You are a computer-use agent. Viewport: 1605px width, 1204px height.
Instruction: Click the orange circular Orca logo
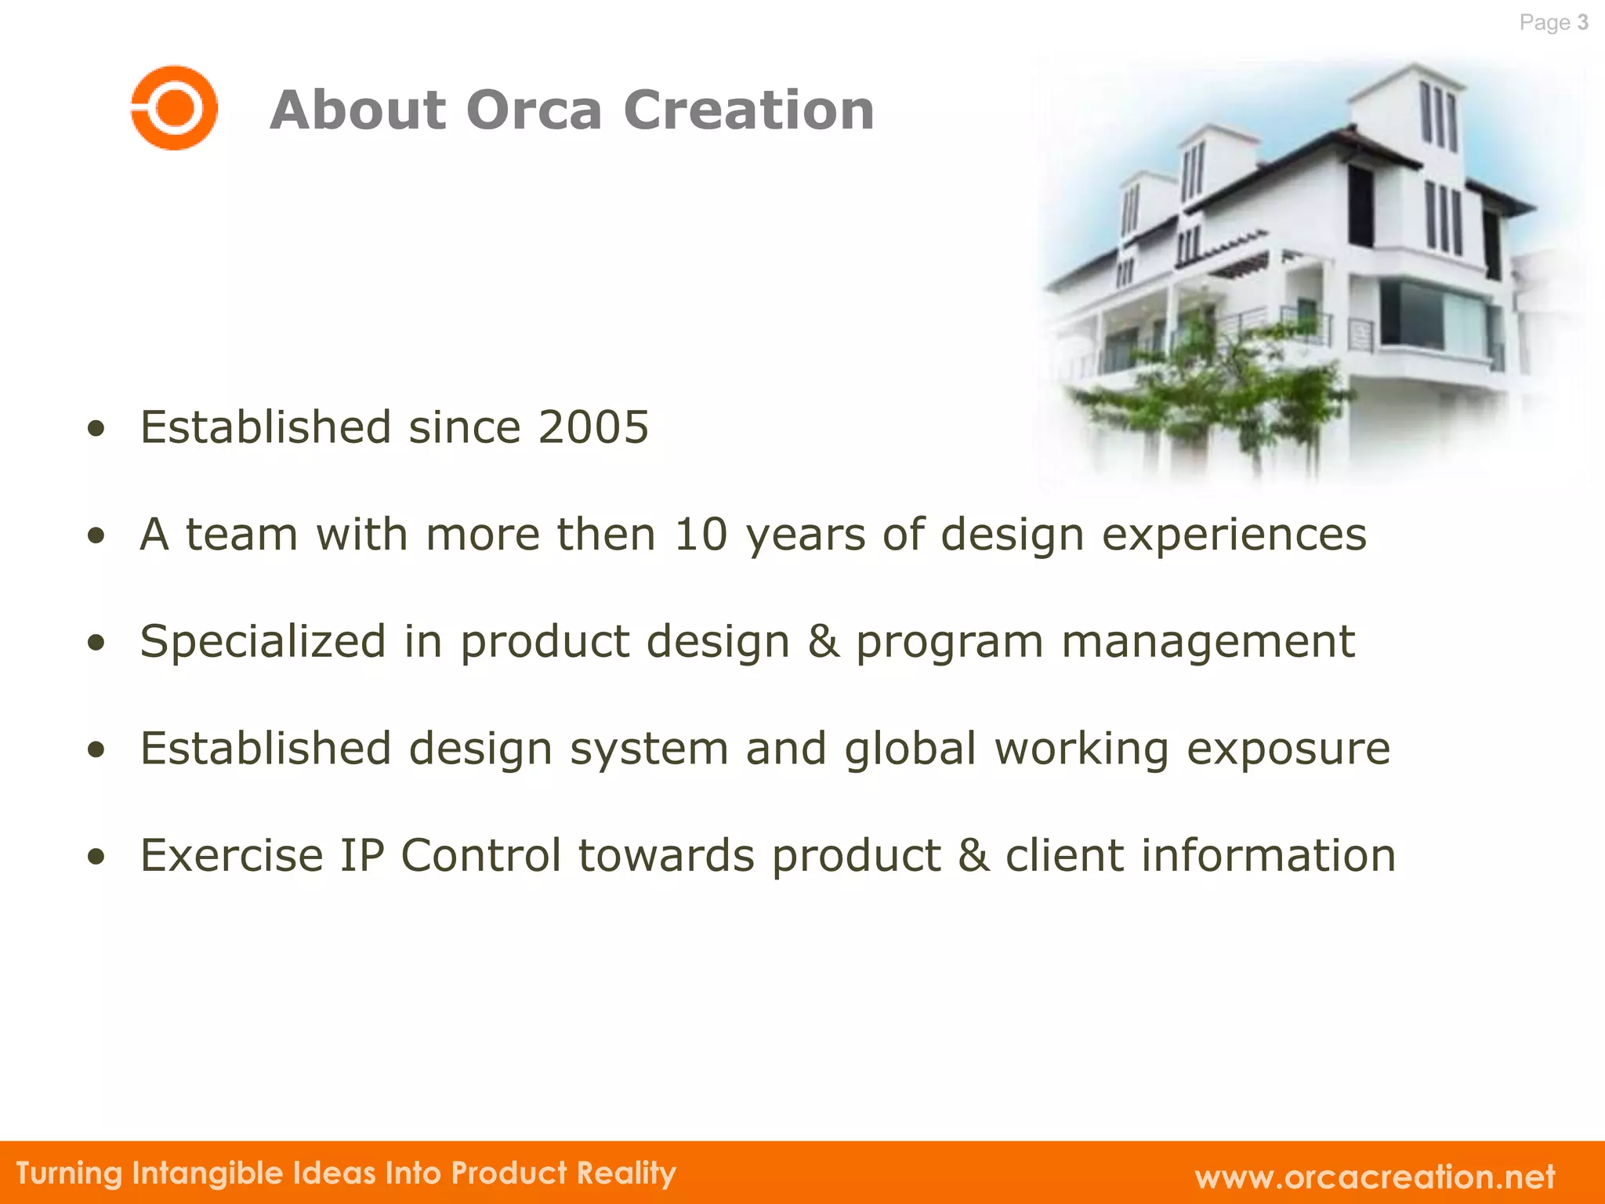point(174,107)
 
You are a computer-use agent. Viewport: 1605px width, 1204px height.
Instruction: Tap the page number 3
point(1582,23)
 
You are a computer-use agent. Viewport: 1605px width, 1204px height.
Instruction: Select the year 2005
point(593,427)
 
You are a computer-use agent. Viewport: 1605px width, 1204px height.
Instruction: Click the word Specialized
point(263,642)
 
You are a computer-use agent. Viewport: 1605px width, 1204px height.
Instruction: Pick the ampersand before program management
point(823,641)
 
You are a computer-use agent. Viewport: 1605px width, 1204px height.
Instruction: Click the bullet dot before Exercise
point(96,857)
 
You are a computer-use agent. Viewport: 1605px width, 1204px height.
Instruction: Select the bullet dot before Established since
point(96,429)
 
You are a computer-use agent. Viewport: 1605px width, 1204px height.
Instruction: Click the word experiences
point(1234,536)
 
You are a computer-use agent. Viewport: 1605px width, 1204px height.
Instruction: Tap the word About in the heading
point(358,110)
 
